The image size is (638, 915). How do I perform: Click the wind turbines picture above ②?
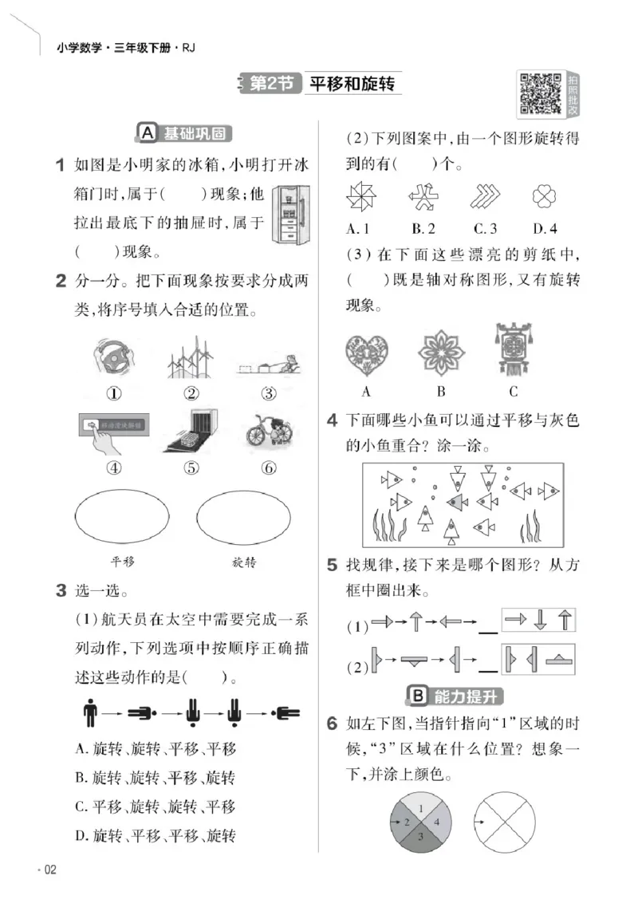coord(192,357)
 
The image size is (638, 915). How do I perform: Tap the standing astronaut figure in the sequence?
coord(89,712)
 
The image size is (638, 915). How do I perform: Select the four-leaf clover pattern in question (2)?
coord(544,197)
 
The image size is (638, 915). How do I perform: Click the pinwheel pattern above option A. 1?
coord(361,197)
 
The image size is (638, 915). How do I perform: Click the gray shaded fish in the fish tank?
coord(457,501)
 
